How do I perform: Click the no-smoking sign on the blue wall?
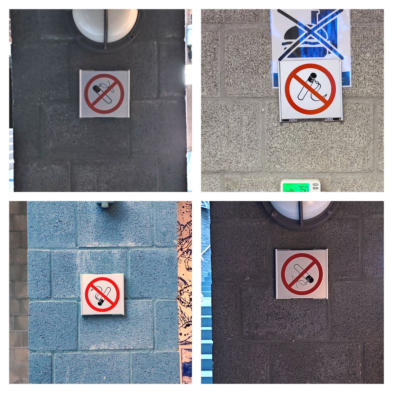coord(103,294)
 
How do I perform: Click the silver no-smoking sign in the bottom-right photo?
coord(302,274)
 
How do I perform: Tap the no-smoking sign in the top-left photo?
coord(104,94)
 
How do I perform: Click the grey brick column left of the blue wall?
coord(18,291)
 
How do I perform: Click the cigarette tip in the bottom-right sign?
coord(310,279)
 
